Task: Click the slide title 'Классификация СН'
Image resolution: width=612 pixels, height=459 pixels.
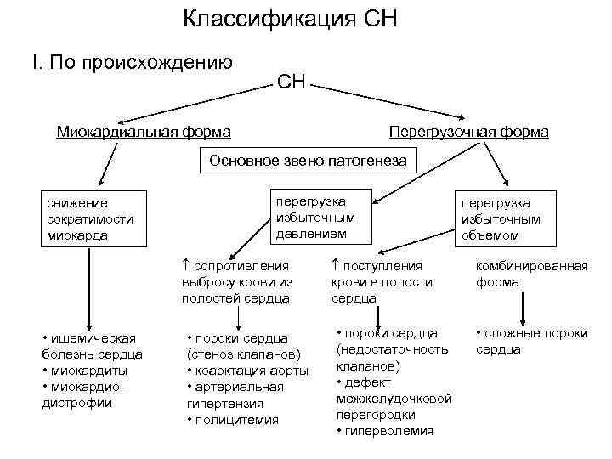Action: (x=290, y=19)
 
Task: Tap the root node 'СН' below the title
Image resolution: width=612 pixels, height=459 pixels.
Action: (x=291, y=82)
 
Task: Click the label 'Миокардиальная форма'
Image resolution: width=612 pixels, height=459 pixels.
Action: (x=143, y=133)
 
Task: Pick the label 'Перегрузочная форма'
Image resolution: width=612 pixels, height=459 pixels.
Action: (x=467, y=133)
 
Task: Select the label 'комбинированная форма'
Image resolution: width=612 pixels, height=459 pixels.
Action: (x=531, y=275)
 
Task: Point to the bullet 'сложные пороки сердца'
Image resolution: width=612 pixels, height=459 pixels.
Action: (x=531, y=341)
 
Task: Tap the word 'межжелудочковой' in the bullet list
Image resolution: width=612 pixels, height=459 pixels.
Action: (x=394, y=399)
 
